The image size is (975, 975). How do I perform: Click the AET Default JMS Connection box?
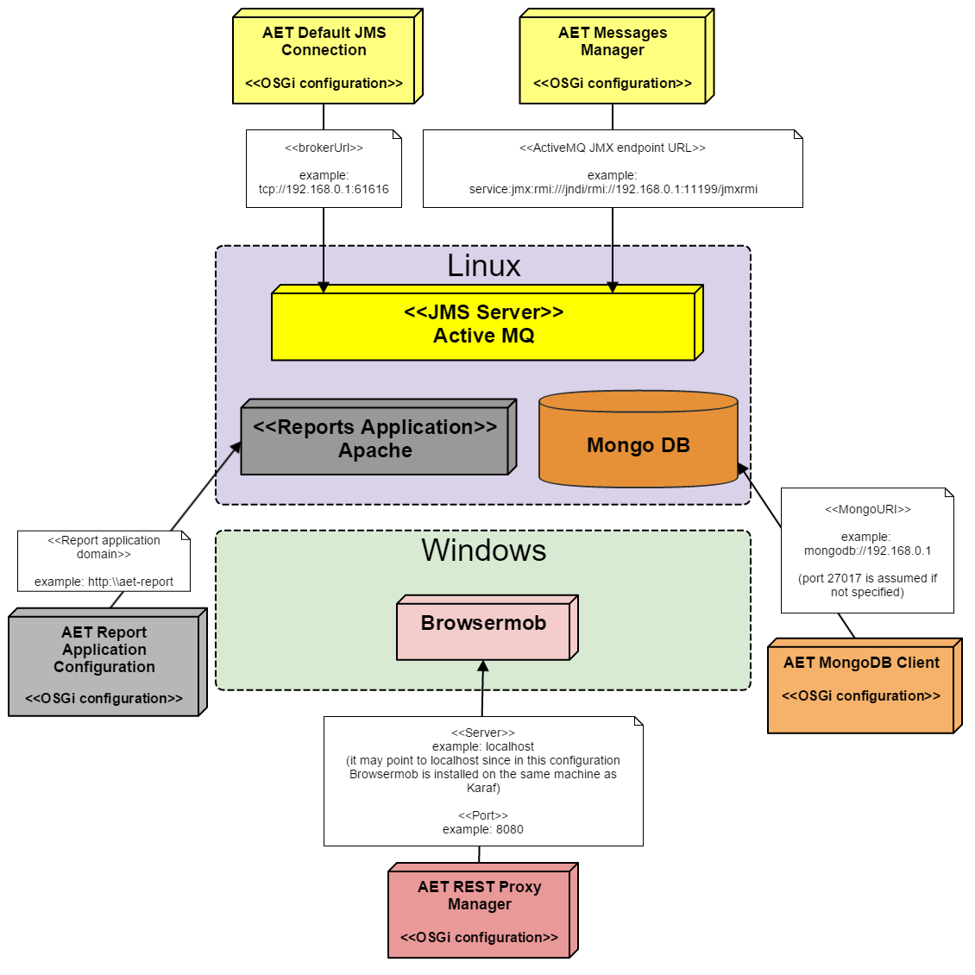[324, 59]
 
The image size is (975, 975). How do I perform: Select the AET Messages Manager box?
[613, 59]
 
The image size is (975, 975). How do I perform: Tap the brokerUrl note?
[324, 168]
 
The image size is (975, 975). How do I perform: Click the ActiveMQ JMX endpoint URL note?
[613, 168]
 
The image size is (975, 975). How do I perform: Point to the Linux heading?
[483, 266]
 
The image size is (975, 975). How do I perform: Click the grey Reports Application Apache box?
[374, 440]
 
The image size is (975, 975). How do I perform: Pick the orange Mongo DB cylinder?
[638, 445]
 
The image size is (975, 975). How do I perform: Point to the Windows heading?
[483, 550]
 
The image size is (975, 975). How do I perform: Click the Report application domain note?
[104, 561]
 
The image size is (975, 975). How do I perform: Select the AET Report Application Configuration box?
[104, 664]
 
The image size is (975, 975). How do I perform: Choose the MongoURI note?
[867, 550]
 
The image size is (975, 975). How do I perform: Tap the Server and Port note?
[483, 781]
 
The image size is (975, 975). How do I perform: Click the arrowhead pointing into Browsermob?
[483, 666]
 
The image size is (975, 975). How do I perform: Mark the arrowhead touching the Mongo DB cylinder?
[742, 469]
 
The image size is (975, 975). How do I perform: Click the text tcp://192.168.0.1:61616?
[324, 189]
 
